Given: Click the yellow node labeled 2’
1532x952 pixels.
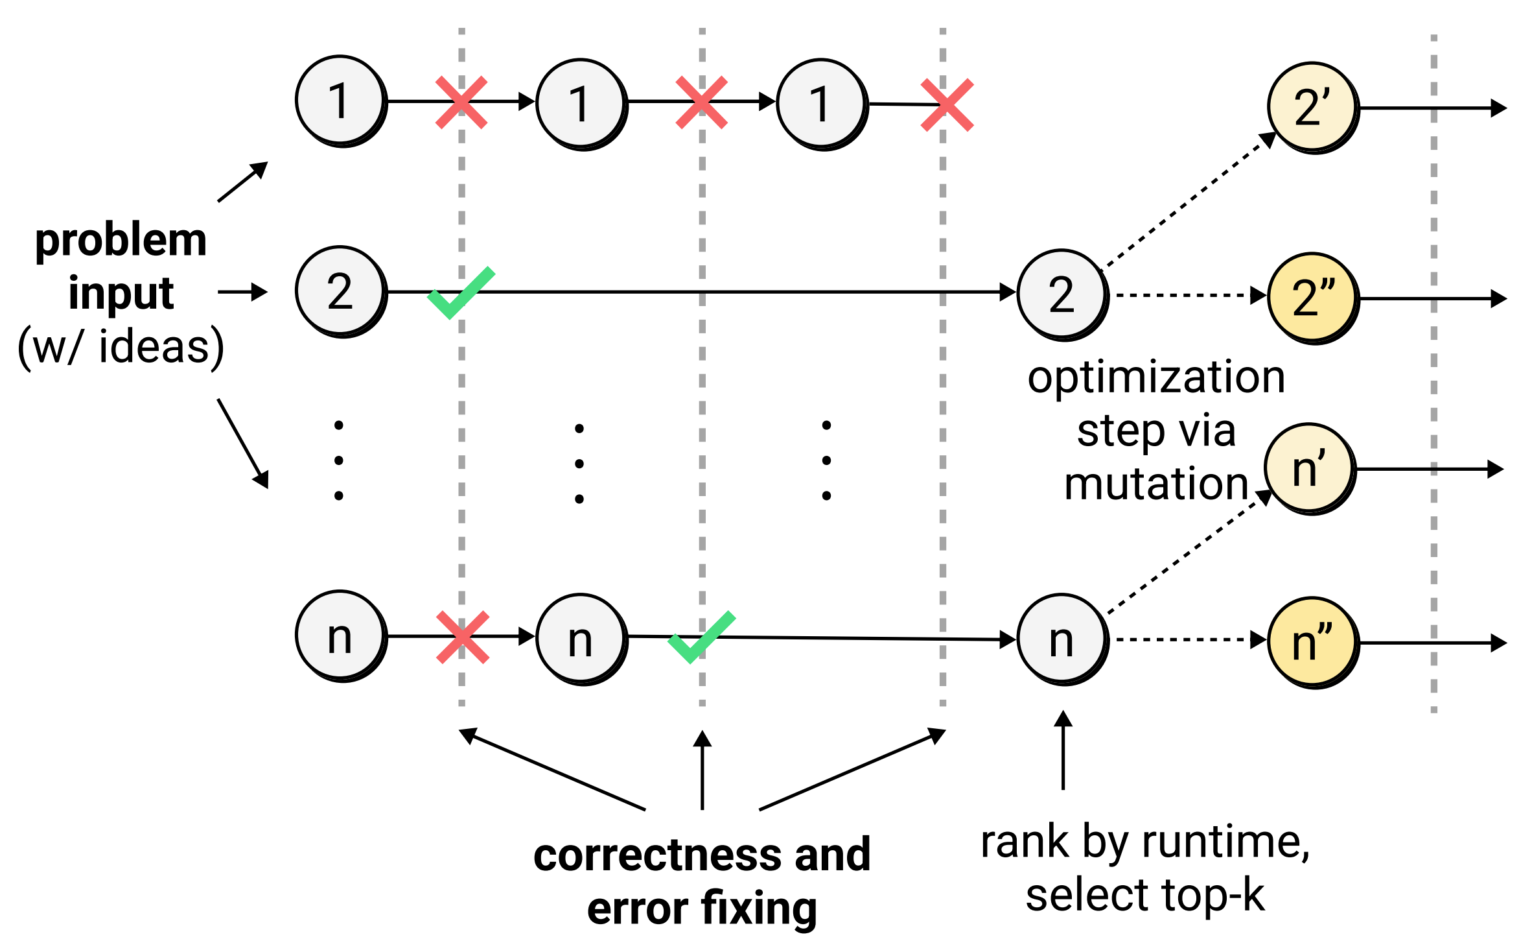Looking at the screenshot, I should (x=1312, y=107).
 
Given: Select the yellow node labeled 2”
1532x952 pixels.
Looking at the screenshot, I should (x=1312, y=298).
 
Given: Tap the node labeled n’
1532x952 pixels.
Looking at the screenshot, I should (x=1309, y=468).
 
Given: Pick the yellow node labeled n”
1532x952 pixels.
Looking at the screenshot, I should (x=1312, y=642).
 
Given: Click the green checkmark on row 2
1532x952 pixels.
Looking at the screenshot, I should (x=461, y=292).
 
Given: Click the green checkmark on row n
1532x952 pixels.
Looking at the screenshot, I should (x=701, y=637).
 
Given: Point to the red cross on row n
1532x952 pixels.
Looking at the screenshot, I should (x=462, y=637).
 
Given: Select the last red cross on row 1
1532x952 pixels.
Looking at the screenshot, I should (x=947, y=105).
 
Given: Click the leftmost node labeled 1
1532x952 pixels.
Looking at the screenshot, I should (x=340, y=101).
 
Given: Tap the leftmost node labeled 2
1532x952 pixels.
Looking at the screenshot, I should (x=340, y=291).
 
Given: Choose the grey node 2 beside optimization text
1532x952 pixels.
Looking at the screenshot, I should (x=1062, y=294).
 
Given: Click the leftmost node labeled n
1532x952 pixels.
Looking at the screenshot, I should (x=340, y=636).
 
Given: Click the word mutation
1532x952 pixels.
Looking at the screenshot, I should (x=1156, y=484).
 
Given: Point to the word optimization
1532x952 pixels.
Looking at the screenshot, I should (x=1156, y=377).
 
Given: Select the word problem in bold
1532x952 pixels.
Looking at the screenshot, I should (x=121, y=241).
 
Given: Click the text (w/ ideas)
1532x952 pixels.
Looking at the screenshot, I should (x=121, y=347).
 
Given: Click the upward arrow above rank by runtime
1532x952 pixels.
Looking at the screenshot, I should (x=1063, y=750).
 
